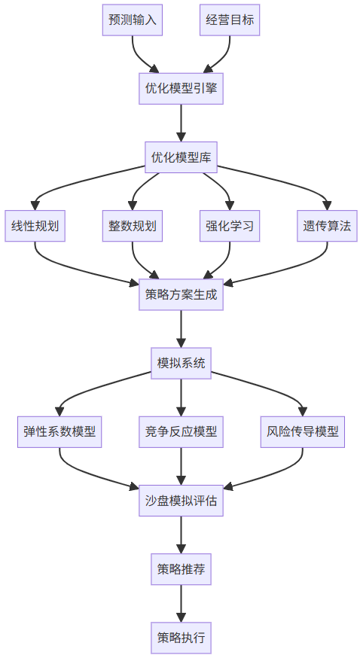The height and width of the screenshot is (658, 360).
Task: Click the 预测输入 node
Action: point(133,20)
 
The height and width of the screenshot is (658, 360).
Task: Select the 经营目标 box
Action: point(230,20)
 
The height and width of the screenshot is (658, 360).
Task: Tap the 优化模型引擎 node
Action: point(181,89)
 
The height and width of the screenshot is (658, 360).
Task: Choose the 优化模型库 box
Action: point(181,157)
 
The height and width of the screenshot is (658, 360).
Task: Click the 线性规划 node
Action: point(35,226)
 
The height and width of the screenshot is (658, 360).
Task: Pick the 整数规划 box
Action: point(133,226)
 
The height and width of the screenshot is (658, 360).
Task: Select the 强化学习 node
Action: point(230,226)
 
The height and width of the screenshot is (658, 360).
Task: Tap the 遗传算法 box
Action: point(327,226)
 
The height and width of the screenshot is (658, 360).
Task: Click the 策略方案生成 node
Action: point(181,294)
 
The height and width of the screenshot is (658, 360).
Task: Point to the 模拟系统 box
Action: point(181,363)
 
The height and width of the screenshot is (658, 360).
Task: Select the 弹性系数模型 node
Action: point(59,431)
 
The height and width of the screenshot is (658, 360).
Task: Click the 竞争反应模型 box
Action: point(181,431)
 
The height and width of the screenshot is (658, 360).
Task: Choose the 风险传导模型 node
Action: point(303,431)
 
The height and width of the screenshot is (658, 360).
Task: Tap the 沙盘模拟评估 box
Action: point(181,500)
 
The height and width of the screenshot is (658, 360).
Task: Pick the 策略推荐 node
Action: point(181,569)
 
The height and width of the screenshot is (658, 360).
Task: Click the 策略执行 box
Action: point(181,638)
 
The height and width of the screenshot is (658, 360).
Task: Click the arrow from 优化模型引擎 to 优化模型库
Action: point(181,123)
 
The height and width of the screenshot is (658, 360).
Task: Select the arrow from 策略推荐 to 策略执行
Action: point(181,603)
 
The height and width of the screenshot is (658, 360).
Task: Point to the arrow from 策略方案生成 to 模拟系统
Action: point(181,328)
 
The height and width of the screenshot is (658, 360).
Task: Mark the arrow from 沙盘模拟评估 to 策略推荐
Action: point(181,535)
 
